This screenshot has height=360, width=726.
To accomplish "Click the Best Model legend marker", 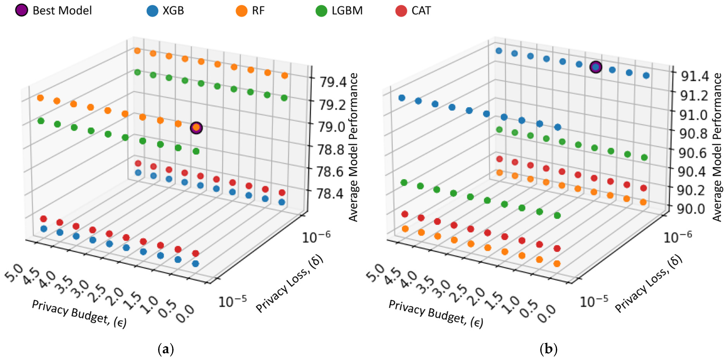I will coord(21,10).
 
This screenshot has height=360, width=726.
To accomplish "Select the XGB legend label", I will coord(173,11).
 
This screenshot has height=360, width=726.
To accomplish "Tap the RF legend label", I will coord(258,11).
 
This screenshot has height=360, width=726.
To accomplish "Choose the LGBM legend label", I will coord(347,11).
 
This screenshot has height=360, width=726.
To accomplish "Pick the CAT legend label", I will coord(421,11).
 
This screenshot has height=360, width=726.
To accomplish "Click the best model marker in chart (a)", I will coord(196,128).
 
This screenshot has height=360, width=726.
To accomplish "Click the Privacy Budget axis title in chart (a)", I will coord(79,314).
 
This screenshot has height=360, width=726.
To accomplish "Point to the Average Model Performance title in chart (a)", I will coord(353,147).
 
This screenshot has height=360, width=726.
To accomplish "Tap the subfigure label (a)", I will coord(166,350).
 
